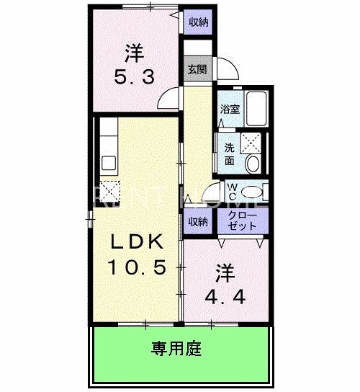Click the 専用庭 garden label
pos(176,350)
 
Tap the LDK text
pos(137,242)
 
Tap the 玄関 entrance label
pos(198,70)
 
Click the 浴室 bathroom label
pos(230,110)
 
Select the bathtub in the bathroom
pos(256,108)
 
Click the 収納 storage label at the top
pos(199,22)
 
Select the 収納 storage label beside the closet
pos(198,221)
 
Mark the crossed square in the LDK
pos(111,190)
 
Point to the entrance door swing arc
pos(228,71)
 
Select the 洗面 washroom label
pos(229,152)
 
